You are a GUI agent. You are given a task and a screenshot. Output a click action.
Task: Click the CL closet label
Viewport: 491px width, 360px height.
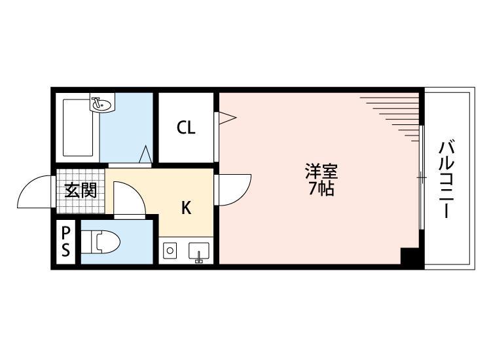[x=186, y=128]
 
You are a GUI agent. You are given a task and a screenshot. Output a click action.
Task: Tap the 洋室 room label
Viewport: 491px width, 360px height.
[x=321, y=173]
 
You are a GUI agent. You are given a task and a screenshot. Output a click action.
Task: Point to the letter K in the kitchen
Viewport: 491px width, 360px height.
[x=186, y=209]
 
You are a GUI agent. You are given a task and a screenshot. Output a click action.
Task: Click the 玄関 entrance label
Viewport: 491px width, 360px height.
[x=81, y=190]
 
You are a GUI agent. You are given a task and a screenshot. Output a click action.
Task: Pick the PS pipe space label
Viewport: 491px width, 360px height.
[x=66, y=242]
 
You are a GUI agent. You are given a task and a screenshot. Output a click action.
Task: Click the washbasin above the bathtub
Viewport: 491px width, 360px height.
[x=101, y=103]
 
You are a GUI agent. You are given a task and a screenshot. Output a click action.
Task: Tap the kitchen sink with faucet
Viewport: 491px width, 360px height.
[x=198, y=251]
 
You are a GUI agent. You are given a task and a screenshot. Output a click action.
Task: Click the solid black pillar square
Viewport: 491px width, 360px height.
[x=410, y=257]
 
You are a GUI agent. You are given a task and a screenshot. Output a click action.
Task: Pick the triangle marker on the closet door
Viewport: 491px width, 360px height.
[x=227, y=118]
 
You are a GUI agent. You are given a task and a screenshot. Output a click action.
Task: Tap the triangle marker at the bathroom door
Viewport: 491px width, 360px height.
[x=147, y=155]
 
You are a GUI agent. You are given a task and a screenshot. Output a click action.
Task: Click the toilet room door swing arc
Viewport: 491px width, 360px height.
[x=126, y=199]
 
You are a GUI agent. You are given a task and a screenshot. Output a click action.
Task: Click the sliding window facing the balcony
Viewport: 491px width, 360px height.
[x=422, y=177]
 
